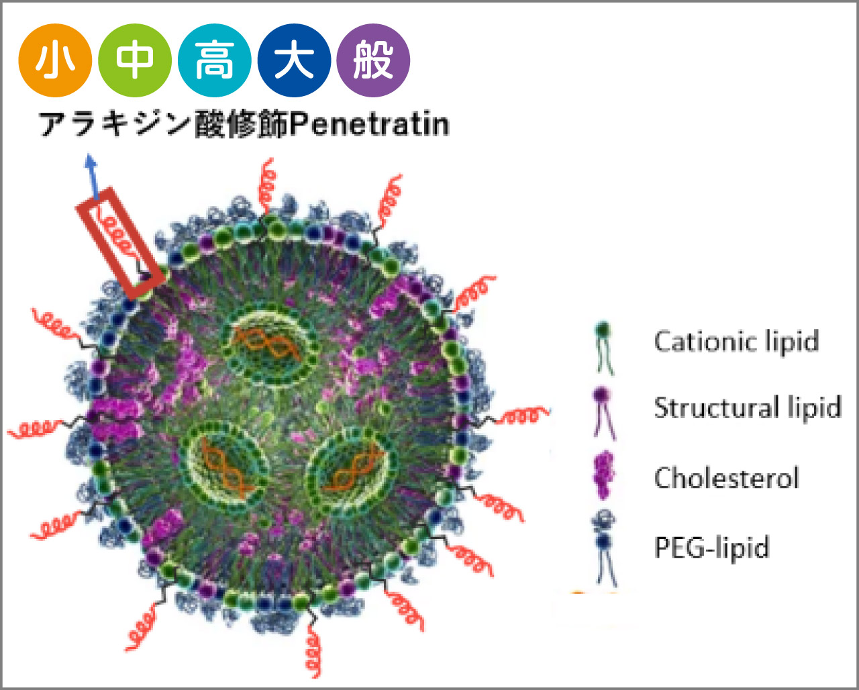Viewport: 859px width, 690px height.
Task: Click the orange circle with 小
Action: tap(54, 61)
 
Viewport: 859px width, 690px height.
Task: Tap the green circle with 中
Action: tap(134, 61)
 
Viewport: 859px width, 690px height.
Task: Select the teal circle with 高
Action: tap(214, 61)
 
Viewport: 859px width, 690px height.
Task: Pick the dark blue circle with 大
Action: tap(294, 61)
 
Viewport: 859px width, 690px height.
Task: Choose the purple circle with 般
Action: tap(373, 61)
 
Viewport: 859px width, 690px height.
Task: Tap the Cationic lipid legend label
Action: tap(736, 341)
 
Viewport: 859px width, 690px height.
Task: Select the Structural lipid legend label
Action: tap(747, 408)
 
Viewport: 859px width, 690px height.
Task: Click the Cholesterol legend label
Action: tap(726, 478)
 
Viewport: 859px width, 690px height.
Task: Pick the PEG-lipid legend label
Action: tap(711, 547)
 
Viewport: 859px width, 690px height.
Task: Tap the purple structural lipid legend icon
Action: tap(603, 411)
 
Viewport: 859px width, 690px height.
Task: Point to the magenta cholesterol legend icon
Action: tap(603, 475)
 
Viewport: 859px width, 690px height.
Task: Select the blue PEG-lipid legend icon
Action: tap(604, 547)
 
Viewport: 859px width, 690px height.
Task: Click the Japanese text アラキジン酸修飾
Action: tap(164, 125)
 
